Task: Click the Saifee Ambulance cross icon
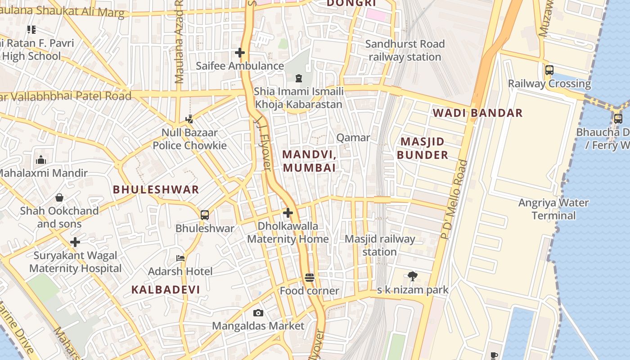[x=240, y=53]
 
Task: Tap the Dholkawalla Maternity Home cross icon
[x=288, y=213]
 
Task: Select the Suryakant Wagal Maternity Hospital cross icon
[x=75, y=243]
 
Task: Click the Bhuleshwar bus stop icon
[x=205, y=215]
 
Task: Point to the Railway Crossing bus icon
[x=549, y=70]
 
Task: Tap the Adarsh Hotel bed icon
[x=180, y=258]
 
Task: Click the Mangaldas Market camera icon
[x=258, y=313]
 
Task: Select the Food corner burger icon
[x=309, y=278]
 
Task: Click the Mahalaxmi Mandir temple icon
[x=41, y=160]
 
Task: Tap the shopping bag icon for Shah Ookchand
[x=59, y=198]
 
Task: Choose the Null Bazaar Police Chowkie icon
[x=189, y=119]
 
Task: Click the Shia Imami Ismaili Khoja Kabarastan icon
[x=298, y=79]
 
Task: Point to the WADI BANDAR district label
[x=478, y=113]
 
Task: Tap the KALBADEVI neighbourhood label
[x=166, y=290]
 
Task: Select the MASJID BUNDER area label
[x=422, y=148]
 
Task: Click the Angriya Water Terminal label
[x=553, y=209]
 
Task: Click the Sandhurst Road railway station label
[x=405, y=50]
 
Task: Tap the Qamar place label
[x=353, y=138]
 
